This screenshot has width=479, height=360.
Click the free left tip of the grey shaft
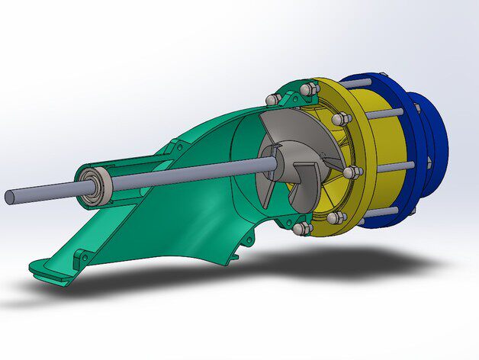pos(10,197)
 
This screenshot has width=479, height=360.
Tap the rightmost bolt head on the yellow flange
pos(352,173)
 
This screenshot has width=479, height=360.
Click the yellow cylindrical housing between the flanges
pos(381,153)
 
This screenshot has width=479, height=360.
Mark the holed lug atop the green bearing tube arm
pos(162,156)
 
